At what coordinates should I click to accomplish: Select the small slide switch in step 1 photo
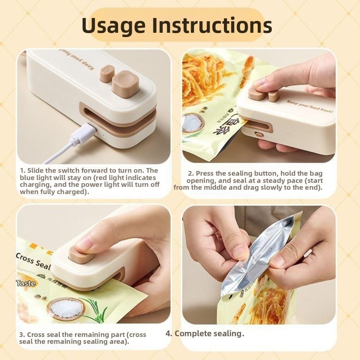(107, 69)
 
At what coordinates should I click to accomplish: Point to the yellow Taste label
(26, 283)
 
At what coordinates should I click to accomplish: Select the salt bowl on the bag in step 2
(194, 122)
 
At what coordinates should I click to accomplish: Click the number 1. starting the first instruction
(23, 170)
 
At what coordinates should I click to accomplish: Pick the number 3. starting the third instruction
(22, 335)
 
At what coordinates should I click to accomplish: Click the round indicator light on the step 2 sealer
(257, 134)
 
